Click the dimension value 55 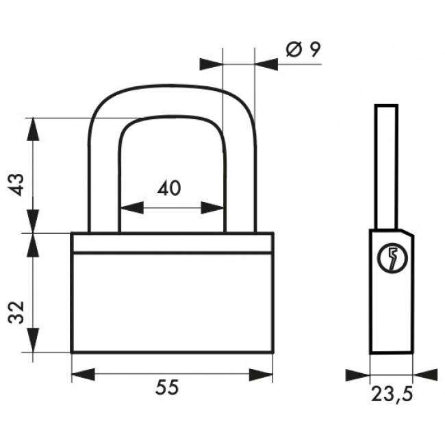coord(167,387)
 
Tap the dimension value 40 coord(169,188)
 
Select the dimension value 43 coord(16,184)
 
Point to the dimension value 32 coord(16,312)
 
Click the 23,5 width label coord(392,394)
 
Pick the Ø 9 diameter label coord(303,49)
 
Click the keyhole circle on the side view coord(392,258)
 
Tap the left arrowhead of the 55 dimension coord(83,374)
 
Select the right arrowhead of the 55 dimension coord(261,374)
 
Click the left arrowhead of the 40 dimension coord(132,207)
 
